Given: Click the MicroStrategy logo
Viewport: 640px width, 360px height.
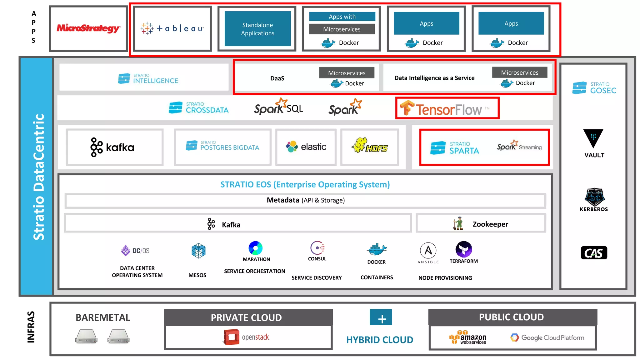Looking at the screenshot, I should coord(88,28).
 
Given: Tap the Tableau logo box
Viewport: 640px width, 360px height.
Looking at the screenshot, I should coord(172,28).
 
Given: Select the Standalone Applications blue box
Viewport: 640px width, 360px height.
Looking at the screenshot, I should coord(257,29).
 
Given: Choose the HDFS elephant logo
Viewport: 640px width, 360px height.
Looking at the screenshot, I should coord(370,146).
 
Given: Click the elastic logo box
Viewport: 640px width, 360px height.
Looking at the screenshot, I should coord(306,147).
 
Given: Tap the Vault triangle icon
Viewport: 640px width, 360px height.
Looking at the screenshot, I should coord(593,138).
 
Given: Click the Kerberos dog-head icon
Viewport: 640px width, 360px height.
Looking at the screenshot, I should coord(594,197).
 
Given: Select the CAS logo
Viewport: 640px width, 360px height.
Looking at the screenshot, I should coord(594,252).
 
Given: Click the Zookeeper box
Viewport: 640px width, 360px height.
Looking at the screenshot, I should coord(481,224).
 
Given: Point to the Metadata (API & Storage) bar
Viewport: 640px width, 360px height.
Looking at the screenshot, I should coord(305,200).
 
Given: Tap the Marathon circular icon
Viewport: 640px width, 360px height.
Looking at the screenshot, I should coord(255,248).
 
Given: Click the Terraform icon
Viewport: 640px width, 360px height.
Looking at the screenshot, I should coord(464,249).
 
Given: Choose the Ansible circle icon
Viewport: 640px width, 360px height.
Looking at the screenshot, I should coord(428,250).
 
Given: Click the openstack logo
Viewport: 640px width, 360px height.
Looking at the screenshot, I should coord(247,337).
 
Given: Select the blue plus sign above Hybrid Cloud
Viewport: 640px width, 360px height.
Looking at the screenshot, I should coord(381,317).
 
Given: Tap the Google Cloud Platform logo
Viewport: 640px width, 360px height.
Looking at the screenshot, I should coord(547,337).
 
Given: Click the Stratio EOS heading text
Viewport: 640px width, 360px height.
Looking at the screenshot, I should coord(305,184).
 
